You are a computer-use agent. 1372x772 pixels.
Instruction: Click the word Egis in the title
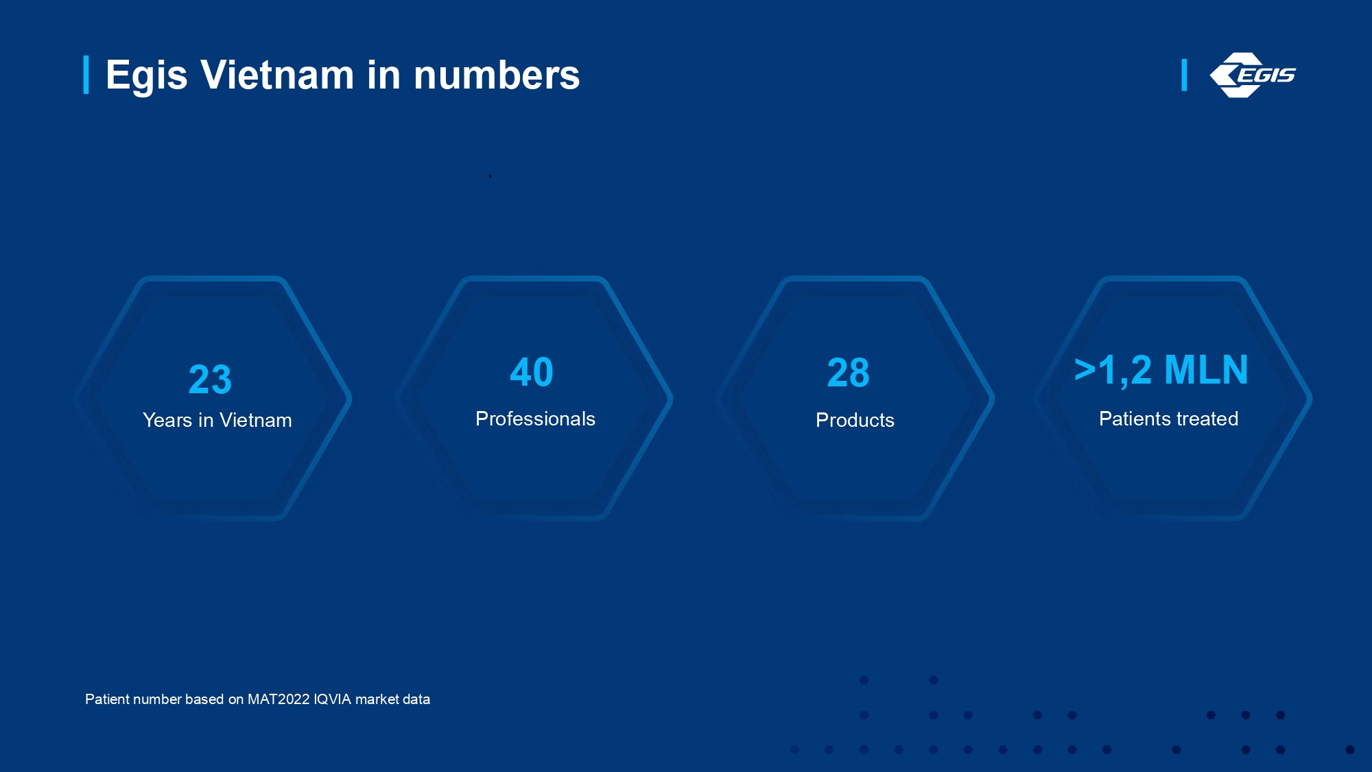(147, 75)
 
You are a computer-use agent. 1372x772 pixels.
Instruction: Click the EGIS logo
(1253, 75)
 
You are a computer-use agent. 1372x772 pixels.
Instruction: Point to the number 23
(210, 379)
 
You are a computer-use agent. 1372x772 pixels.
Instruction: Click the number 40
(532, 373)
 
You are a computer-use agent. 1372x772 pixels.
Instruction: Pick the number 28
(849, 373)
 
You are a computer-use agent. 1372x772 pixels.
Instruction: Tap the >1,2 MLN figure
(1161, 371)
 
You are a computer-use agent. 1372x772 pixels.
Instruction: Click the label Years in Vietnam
(217, 420)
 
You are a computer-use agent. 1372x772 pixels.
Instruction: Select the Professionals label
(536, 419)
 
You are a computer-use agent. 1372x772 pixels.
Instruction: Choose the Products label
(855, 420)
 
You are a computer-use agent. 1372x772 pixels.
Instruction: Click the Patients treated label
(1169, 419)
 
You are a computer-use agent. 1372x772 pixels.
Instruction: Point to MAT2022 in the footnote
(279, 699)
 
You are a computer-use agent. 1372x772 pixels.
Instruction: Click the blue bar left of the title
(86, 75)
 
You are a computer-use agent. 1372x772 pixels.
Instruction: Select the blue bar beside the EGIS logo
(1184, 75)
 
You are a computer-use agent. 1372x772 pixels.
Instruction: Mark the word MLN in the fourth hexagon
(1206, 371)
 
